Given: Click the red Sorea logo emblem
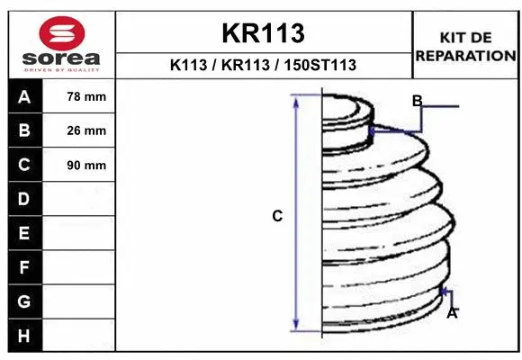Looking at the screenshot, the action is pos(62,33).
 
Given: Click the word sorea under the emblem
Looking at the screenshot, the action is pos(61,58).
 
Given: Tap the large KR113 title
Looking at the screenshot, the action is pos(263,33).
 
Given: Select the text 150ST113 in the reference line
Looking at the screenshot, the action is pos(319,65).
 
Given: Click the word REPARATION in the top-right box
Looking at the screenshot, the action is pos(465,56).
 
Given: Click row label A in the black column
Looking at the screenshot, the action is pos(24,96).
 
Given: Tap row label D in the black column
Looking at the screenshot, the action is pos(24,199).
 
